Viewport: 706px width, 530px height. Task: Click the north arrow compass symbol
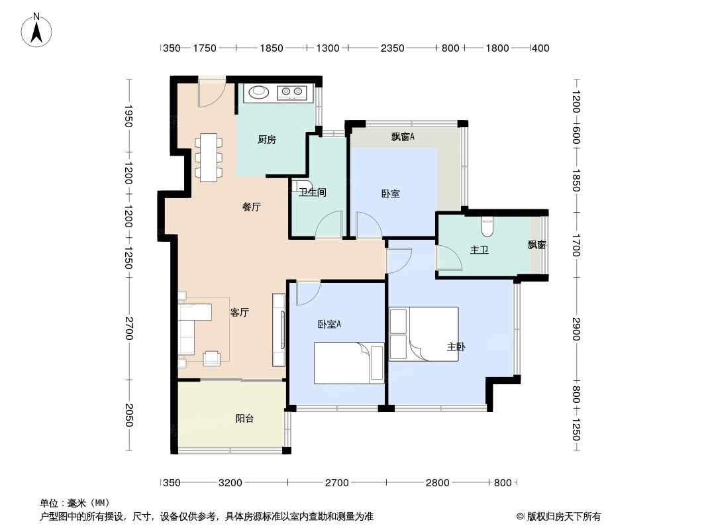[x=38, y=29]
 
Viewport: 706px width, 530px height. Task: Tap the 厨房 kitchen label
[x=266, y=140]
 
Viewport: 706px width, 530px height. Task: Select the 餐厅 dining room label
[x=251, y=207]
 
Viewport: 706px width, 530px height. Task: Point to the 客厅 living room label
[x=239, y=313]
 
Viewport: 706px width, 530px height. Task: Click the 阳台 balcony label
[x=244, y=419]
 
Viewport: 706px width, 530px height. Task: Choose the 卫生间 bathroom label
[x=312, y=193]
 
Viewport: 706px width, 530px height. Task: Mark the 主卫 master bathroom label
[x=479, y=250]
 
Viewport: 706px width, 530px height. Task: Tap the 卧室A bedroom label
[x=329, y=324]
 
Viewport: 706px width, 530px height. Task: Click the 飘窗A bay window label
[x=403, y=137]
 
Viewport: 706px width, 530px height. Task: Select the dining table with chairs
[x=209, y=157]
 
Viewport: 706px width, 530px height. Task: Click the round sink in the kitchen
[x=258, y=92]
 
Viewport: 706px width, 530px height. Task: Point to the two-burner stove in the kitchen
[x=291, y=93]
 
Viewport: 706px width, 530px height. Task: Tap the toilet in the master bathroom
[x=487, y=227]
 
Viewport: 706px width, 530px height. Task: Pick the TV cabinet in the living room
[x=278, y=331]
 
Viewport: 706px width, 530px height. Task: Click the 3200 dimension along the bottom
[x=230, y=482]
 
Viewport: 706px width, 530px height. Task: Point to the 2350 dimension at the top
[x=392, y=48]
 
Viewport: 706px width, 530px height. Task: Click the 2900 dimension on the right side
[x=576, y=329]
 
